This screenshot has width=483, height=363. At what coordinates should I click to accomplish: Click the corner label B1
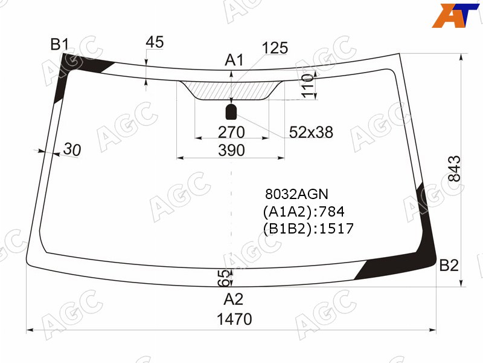coord(59,44)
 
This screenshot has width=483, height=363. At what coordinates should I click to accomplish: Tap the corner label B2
coord(449,266)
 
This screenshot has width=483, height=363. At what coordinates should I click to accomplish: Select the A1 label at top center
coord(234,60)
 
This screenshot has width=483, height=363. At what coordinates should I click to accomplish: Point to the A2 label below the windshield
coord(234,299)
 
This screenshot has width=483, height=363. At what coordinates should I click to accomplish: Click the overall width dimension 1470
coord(234,319)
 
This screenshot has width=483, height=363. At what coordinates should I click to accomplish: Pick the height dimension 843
coord(454,169)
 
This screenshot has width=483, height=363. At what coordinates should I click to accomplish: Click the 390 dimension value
coord(231,150)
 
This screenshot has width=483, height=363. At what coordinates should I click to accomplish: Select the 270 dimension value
coord(231,132)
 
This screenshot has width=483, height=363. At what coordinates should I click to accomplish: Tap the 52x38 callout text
coord(311,132)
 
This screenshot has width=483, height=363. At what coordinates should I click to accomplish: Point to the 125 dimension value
coord(275,48)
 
